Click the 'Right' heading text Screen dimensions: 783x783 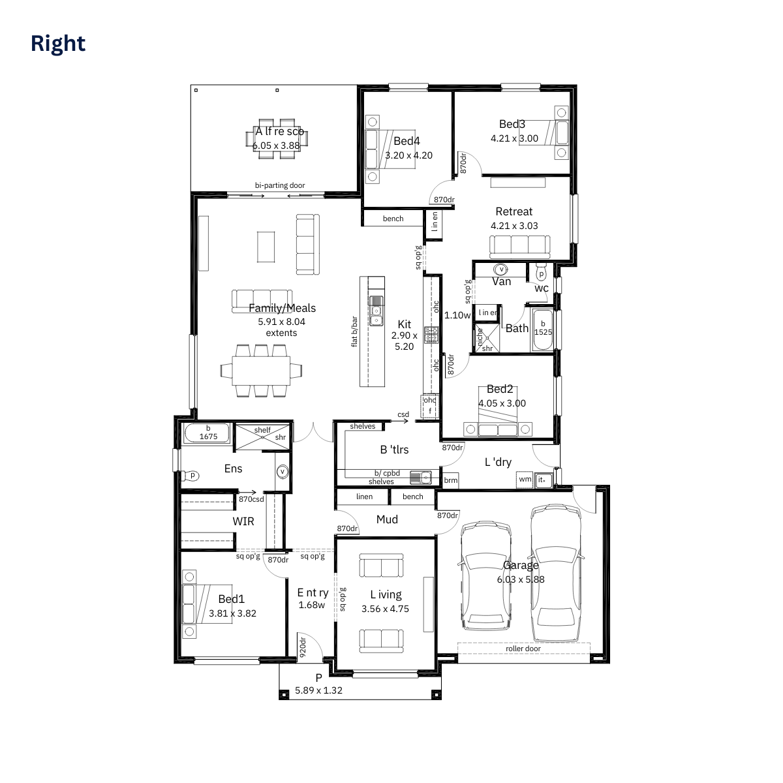58,44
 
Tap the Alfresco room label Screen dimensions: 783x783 279,132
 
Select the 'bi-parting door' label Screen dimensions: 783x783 280,185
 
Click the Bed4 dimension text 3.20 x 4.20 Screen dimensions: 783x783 408,155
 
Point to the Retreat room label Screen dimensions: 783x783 514,211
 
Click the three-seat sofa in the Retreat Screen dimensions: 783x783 519,247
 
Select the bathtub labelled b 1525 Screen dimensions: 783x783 543,330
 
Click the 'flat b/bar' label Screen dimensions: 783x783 354,331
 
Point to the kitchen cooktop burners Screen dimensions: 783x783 431,335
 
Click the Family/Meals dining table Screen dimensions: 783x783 261,371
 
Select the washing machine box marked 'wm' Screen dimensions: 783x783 525,480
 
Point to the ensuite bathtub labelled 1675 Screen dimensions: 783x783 207,433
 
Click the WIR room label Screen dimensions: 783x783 243,521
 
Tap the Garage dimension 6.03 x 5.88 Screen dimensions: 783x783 521,579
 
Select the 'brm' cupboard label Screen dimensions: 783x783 450,480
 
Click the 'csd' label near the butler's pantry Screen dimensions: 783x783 403,414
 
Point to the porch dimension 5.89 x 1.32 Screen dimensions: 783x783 318,690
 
